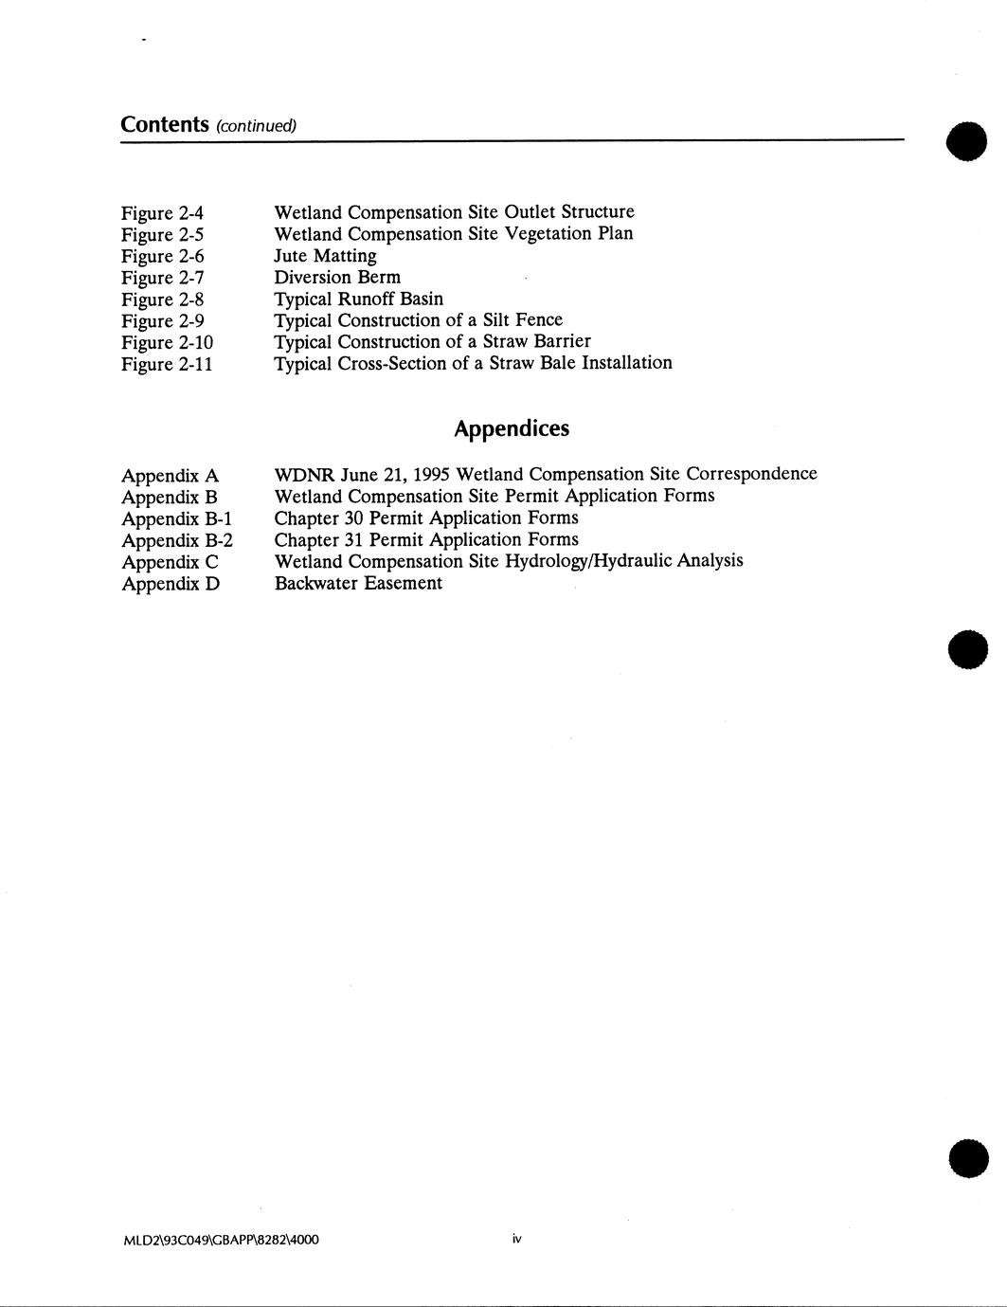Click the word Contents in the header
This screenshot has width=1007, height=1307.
tap(165, 124)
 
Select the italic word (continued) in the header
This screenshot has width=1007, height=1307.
tap(257, 126)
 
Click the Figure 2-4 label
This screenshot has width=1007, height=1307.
tap(162, 213)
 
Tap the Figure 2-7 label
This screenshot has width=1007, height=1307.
tap(162, 278)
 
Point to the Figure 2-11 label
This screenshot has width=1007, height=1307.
tap(167, 364)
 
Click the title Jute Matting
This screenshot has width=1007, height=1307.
tap(325, 256)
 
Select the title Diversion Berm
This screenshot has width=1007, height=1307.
tap(337, 278)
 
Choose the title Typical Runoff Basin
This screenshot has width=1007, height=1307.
tap(358, 300)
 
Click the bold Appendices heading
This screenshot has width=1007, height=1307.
tap(512, 428)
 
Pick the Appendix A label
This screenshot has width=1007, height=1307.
tap(170, 476)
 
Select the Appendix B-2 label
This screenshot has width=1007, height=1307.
tap(177, 540)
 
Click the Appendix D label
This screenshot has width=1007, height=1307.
tap(171, 584)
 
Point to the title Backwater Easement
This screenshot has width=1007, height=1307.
tap(358, 583)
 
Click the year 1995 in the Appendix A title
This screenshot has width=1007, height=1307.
tap(431, 474)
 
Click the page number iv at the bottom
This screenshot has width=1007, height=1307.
tap(517, 1239)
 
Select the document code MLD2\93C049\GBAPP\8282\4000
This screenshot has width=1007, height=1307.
tap(221, 1240)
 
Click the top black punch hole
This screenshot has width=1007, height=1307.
tap(966, 140)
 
